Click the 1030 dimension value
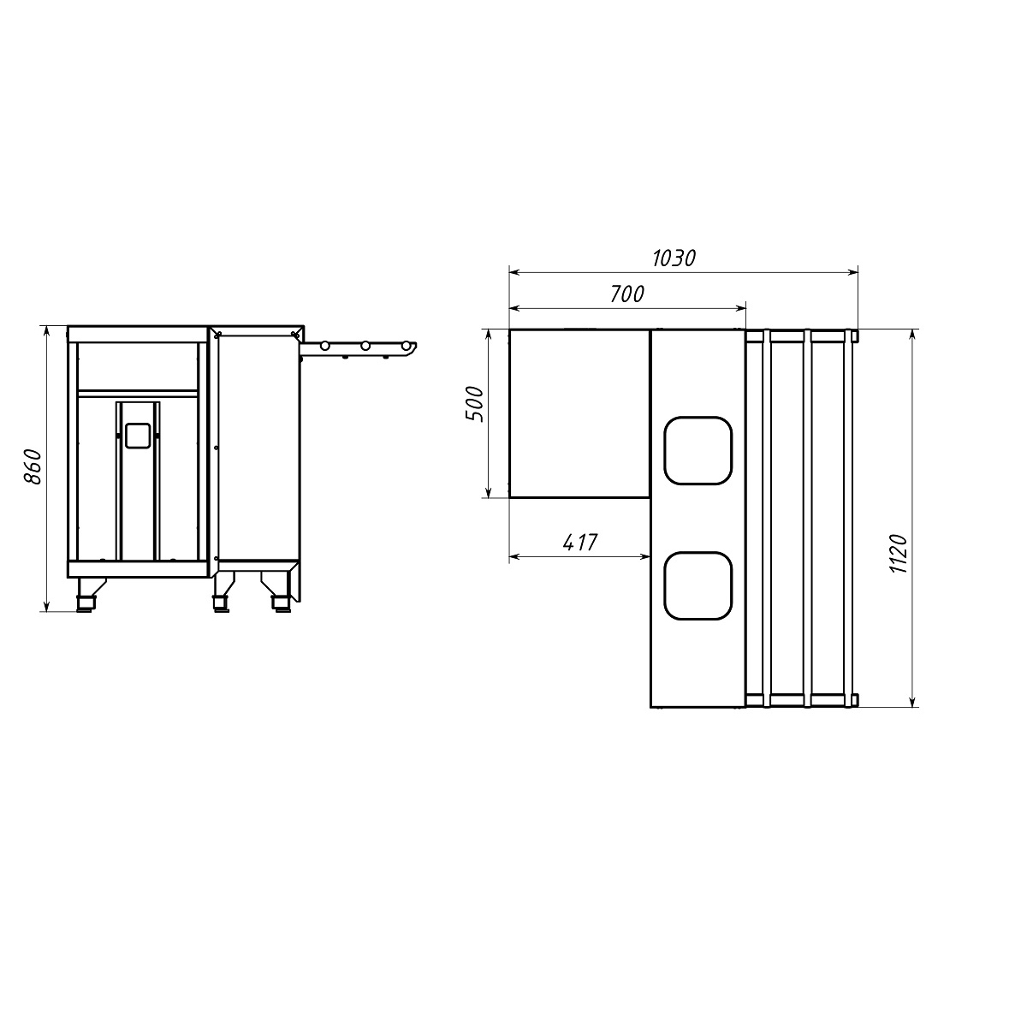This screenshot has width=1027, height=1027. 674,258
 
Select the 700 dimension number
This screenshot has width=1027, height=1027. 626,294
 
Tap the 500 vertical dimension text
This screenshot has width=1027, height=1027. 475,405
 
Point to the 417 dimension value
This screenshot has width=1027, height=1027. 580,543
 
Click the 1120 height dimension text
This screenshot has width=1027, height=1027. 899,554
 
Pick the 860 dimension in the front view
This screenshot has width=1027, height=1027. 33,467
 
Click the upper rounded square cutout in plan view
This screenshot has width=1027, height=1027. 698,450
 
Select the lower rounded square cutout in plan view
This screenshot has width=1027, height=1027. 698,585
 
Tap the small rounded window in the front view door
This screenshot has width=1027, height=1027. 137,435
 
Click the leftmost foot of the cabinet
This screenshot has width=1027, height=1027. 86,594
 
